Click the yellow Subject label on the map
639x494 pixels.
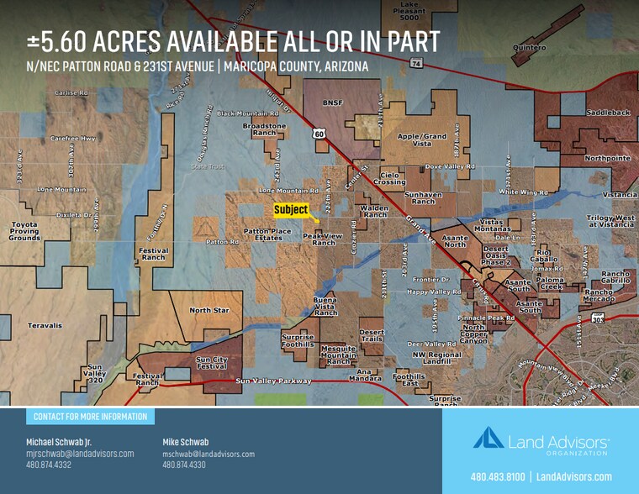(292, 210)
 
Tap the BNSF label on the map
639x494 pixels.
(334, 102)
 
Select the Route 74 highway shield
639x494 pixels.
(416, 63)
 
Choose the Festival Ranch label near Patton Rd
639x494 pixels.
(154, 254)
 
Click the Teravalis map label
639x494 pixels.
(45, 325)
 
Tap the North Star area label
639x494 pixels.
(209, 310)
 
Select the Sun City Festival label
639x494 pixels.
(211, 363)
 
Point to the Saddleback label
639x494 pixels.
(608, 112)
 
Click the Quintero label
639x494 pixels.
(530, 48)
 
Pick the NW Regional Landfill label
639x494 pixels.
(437, 359)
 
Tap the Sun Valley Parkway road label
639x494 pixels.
(273, 381)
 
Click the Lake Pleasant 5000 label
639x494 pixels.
(409, 10)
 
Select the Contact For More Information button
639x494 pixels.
(90, 417)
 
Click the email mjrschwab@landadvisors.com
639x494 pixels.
(80, 454)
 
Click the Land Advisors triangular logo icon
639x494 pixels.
(488, 438)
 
